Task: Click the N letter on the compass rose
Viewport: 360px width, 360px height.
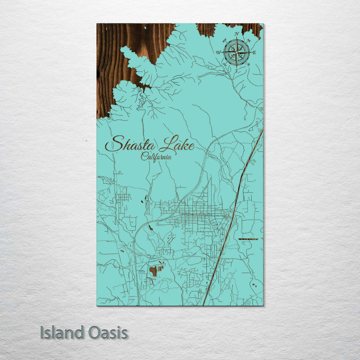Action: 237,34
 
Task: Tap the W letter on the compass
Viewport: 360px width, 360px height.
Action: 218,52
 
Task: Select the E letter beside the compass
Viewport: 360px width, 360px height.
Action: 254,52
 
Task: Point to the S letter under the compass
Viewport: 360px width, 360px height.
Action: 236,71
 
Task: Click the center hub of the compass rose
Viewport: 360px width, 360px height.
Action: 236,52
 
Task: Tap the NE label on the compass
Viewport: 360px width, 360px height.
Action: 249,40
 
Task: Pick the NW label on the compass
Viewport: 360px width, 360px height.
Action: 224,40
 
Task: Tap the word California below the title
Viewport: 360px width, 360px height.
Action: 156,156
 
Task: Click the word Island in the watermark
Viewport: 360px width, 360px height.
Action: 62,333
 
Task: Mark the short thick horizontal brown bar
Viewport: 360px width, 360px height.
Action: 248,239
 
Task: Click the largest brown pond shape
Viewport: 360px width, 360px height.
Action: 153,271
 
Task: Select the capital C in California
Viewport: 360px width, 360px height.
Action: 144,156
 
